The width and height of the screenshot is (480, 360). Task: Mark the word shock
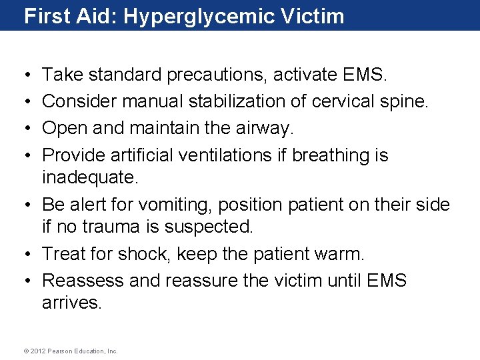coord(143,254)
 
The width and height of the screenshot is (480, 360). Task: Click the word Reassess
coord(83,281)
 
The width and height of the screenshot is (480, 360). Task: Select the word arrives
coord(72,303)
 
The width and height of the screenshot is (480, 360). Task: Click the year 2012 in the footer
coord(35,351)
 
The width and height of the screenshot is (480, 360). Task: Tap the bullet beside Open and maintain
coord(25,129)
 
